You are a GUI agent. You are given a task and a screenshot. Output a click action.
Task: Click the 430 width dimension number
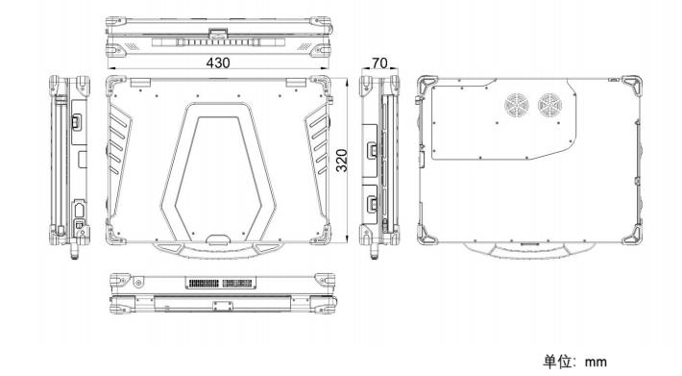[x=217, y=63]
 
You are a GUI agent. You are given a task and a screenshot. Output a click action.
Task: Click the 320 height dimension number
[x=342, y=161]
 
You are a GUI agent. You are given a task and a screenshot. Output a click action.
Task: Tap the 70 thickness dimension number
[x=379, y=63]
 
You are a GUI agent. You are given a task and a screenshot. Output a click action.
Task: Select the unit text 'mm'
[x=596, y=362]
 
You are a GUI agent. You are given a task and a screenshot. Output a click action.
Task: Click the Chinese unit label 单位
[x=556, y=362]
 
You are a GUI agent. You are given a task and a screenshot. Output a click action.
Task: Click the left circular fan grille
[x=516, y=106]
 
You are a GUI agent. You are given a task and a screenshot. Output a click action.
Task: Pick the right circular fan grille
[x=549, y=106]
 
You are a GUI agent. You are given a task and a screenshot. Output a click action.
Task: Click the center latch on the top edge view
[x=217, y=33]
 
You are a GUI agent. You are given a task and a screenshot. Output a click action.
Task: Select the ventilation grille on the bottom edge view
[x=221, y=283]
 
